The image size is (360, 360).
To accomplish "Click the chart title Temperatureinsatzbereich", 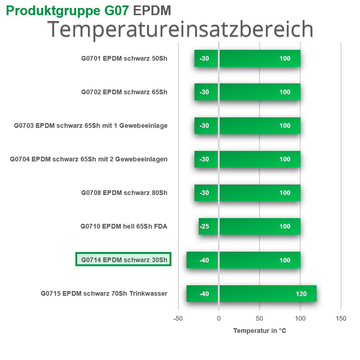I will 180,29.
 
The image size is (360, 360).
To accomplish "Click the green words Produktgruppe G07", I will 67,11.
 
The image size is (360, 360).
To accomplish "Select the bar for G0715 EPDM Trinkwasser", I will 251,294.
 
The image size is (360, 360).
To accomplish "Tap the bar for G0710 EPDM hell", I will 249,226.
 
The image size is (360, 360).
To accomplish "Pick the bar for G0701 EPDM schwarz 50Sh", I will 247,58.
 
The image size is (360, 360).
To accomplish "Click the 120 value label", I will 301,294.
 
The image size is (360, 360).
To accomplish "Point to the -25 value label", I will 204,227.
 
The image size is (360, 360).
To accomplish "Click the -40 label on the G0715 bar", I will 204,294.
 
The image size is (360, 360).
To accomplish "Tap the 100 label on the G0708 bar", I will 285,193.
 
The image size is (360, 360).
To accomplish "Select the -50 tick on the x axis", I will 178,318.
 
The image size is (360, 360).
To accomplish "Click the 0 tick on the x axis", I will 219,318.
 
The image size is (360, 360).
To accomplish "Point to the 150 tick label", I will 341,318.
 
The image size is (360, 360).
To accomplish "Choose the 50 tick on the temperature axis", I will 259,318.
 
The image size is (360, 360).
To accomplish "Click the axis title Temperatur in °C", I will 260,331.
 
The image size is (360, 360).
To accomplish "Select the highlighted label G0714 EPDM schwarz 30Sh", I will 123,260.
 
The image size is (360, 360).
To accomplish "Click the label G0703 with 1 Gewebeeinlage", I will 91,126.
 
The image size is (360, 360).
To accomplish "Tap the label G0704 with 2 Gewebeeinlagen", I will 89,159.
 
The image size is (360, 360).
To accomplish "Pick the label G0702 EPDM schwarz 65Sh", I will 124,92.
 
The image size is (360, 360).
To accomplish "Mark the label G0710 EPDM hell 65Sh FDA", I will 124,226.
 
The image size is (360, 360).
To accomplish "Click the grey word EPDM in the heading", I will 152,11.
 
